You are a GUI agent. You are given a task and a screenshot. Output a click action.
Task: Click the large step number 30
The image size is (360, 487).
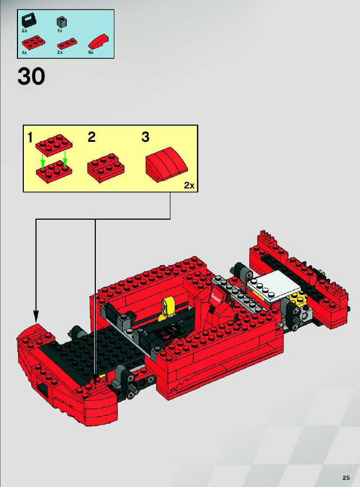tap(31, 76)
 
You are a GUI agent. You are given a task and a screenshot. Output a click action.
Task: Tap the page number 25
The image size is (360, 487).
tap(346, 477)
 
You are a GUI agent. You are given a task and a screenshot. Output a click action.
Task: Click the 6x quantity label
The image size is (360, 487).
tap(91, 52)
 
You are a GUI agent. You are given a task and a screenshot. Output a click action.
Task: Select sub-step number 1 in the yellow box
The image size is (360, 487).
tap(30, 138)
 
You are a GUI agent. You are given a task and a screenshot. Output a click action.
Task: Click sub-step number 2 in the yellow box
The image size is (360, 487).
tap(91, 137)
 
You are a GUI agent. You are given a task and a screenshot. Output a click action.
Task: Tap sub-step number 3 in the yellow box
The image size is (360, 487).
tap(146, 137)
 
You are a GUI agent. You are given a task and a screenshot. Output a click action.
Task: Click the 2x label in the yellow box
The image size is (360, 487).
tap(189, 185)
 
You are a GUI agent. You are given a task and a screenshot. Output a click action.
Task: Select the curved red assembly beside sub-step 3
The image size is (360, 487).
tap(167, 164)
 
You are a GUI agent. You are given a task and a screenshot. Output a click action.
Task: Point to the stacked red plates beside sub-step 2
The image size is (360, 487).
tap(105, 168)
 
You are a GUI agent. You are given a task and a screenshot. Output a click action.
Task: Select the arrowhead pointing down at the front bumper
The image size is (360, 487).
tap(36, 317)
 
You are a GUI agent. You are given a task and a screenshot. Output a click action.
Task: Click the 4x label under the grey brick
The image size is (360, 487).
tap(60, 31)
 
